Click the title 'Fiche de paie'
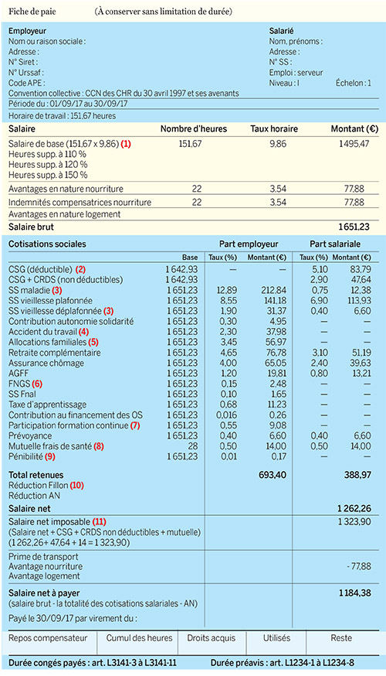[x=32, y=12]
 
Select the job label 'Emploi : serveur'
[x=296, y=73]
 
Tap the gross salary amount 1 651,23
[x=354, y=227]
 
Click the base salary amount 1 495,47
[x=354, y=144]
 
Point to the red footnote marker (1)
[x=126, y=144]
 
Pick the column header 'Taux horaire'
[x=274, y=129]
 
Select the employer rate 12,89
[x=226, y=290]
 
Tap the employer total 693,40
[x=273, y=475]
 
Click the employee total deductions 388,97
[x=357, y=475]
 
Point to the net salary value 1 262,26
[x=354, y=509]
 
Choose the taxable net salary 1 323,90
[x=354, y=521]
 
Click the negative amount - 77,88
[x=358, y=566]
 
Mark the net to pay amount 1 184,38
[x=354, y=593]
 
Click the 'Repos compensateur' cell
[x=48, y=638]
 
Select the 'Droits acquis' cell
[x=212, y=638]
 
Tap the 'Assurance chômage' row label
[x=46, y=363]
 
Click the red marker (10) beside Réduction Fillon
[x=76, y=486]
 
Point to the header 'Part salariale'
[x=335, y=244]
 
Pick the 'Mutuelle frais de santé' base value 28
[x=192, y=446]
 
